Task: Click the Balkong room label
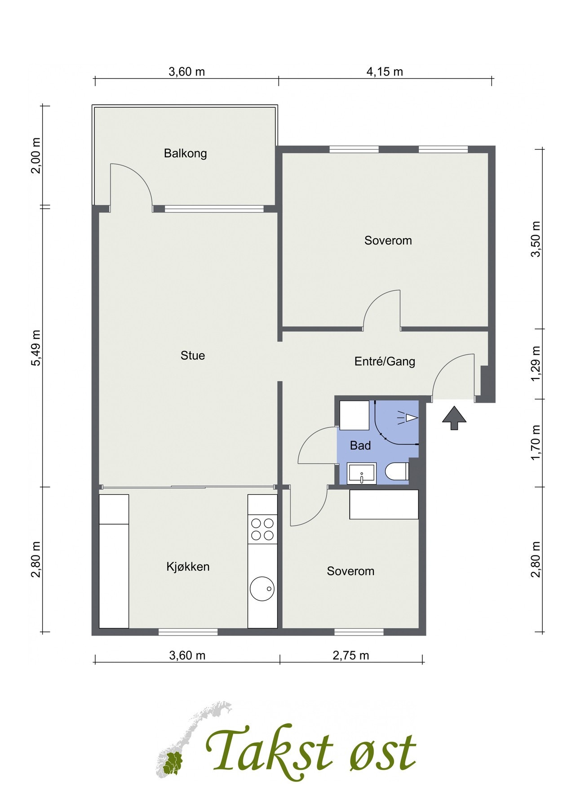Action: coord(185,154)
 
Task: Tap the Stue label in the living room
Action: coord(193,356)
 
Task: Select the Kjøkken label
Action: coord(188,567)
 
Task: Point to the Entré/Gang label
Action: coord(385,361)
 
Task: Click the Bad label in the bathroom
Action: coord(360,445)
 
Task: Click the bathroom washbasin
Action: coord(362,474)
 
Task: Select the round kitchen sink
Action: coord(262,588)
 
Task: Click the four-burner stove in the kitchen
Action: coord(262,529)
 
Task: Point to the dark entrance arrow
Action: coord(454,418)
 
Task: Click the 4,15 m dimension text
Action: coord(385,71)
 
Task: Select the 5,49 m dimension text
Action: coord(36,348)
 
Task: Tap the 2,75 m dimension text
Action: coord(351,655)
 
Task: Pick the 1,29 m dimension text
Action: coord(536,364)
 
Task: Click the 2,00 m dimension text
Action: coord(36,156)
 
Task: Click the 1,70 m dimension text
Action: coord(536,443)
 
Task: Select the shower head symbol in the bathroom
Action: coord(407,418)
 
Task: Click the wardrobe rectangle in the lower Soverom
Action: coord(384,504)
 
